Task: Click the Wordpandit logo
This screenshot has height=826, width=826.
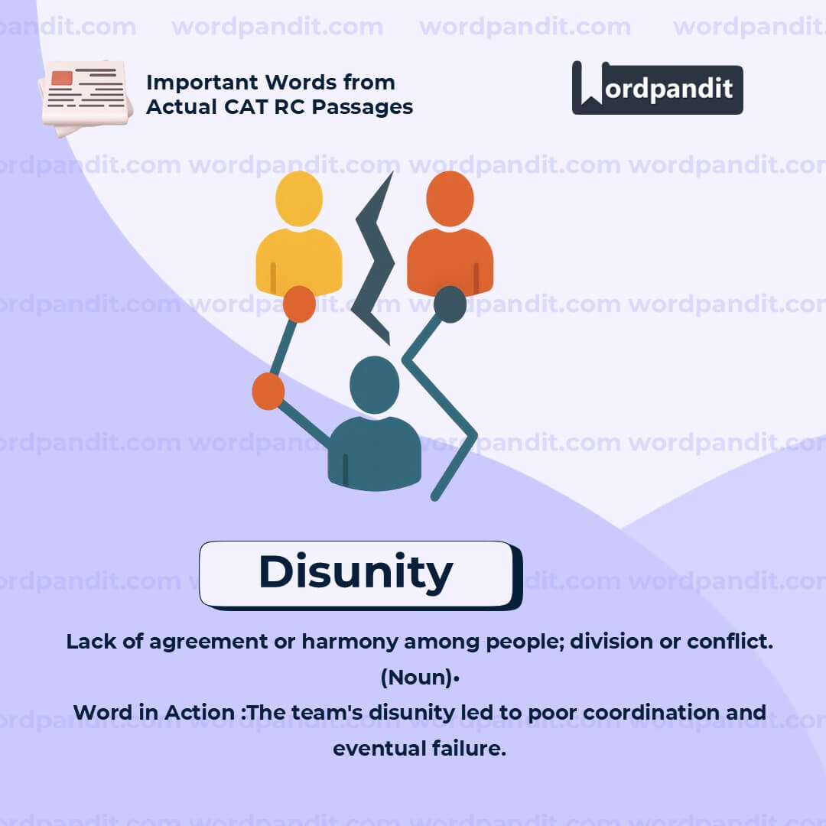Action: pyautogui.click(x=657, y=88)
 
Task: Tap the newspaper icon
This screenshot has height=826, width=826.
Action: pyautogui.click(x=85, y=98)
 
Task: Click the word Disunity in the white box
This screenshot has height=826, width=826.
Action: pyautogui.click(x=356, y=572)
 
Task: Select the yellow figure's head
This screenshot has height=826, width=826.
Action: pyautogui.click(x=299, y=198)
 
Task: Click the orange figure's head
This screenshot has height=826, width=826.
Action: pyautogui.click(x=450, y=198)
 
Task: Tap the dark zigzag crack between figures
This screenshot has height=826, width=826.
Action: pyautogui.click(x=374, y=260)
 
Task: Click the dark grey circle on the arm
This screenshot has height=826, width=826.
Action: pyautogui.click(x=450, y=304)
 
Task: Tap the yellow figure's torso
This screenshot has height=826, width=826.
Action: pyautogui.click(x=298, y=260)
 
